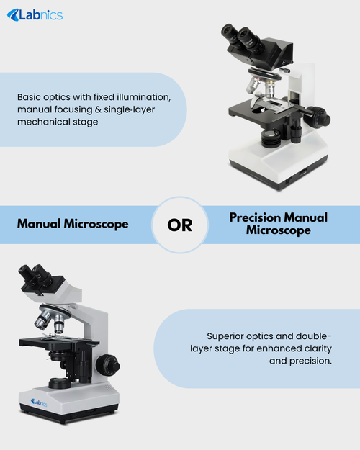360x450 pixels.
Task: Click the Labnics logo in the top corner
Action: [35, 15]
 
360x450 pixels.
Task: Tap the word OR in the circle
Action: [180, 225]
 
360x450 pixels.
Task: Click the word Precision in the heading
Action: [255, 217]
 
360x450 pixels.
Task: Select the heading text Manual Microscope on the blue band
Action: [73, 224]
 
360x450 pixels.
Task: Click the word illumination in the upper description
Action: [143, 97]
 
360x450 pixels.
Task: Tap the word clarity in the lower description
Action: [318, 348]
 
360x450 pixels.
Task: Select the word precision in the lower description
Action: [310, 361]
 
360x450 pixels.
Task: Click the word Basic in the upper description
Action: [29, 97]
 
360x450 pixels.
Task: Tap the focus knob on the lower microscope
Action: [108, 365]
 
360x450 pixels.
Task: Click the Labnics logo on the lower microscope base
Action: [39, 402]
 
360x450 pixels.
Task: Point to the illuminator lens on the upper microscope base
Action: [271, 135]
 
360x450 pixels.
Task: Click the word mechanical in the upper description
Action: [42, 122]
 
